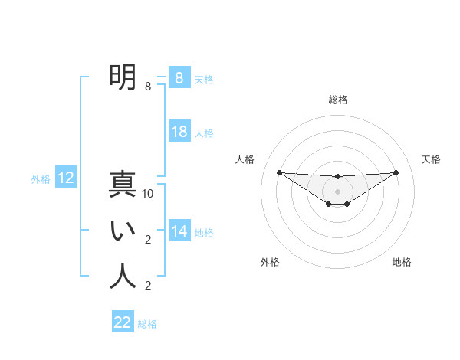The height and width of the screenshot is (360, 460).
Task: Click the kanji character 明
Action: click(123, 77)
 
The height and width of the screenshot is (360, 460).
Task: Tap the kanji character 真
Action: click(123, 185)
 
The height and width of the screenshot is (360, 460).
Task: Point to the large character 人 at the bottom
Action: click(123, 277)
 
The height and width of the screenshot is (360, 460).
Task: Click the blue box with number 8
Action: click(179, 77)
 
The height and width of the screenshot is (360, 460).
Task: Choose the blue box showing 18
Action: click(179, 132)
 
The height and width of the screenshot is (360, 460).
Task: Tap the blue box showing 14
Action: click(179, 231)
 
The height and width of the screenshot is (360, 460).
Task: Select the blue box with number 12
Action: click(66, 178)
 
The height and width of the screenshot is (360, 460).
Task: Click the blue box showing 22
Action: click(123, 322)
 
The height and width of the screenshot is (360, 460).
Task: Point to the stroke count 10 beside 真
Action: click(148, 194)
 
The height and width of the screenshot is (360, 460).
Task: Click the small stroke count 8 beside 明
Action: click(148, 87)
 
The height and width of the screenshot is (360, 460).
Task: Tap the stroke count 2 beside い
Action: click(148, 240)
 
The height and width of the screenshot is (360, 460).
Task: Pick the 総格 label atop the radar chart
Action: click(337, 100)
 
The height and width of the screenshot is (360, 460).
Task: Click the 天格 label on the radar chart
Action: click(432, 159)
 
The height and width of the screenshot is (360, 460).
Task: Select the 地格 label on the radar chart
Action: click(402, 262)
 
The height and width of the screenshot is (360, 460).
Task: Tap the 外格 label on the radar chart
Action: click(270, 262)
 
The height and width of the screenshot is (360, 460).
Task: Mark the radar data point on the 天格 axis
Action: click(396, 172)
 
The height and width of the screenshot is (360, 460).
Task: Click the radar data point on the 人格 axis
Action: click(279, 172)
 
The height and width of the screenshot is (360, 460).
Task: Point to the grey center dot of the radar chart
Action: click(337, 191)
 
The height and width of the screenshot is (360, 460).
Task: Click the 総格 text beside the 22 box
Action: click(147, 324)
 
